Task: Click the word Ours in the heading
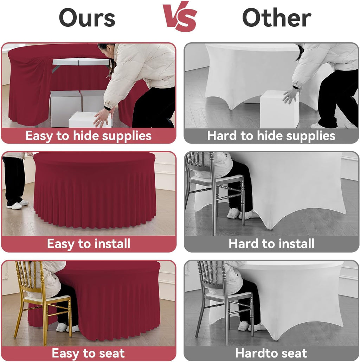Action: (x=87, y=18)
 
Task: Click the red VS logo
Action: (x=180, y=16)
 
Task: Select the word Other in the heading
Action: (x=276, y=18)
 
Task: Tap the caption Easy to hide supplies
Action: (x=88, y=136)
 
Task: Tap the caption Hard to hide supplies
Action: (x=271, y=136)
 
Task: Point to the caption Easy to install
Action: (x=89, y=244)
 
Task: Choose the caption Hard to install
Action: (x=271, y=243)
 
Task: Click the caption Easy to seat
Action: (x=88, y=353)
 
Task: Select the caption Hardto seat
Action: (x=271, y=353)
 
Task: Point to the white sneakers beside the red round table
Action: (x=18, y=204)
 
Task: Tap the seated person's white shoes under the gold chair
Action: (x=66, y=328)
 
